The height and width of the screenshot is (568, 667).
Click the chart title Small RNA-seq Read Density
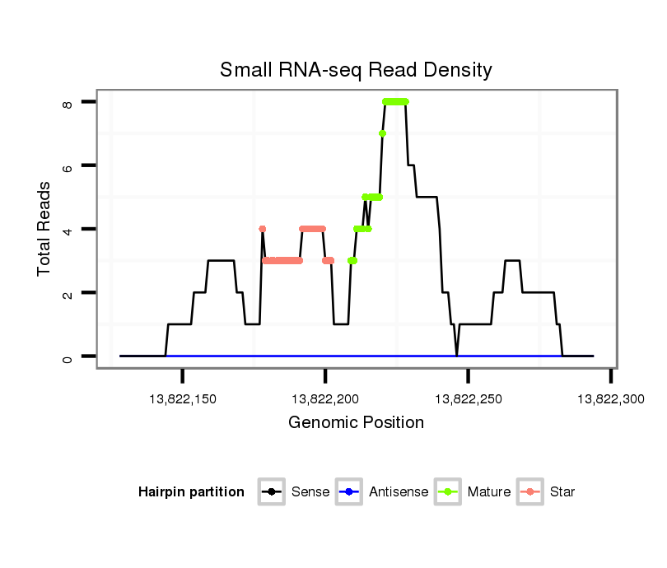point(356,70)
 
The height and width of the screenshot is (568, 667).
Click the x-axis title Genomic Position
point(356,423)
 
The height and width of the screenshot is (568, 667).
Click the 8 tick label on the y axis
point(68,102)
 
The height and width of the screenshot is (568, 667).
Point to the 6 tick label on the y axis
point(68,165)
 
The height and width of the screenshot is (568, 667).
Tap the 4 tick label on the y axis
point(68,229)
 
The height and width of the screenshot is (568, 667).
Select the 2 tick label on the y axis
point(68,293)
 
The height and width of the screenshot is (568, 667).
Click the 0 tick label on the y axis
point(68,356)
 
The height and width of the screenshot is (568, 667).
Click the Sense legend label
point(310,492)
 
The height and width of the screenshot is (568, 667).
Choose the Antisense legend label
point(399,492)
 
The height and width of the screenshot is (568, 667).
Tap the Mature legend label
point(489,492)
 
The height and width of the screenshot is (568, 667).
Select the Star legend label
point(562,492)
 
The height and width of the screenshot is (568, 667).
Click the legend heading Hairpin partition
point(192,492)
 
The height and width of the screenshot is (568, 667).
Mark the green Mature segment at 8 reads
point(395,102)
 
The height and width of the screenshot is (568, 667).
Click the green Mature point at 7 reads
point(382,133)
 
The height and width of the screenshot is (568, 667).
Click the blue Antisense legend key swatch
point(349,492)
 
